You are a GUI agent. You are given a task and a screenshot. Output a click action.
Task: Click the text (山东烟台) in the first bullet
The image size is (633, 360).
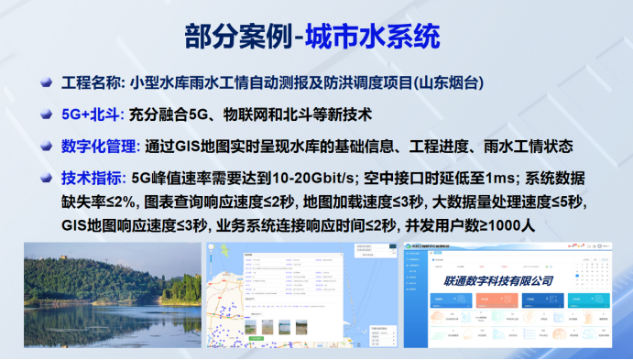coord(446,83)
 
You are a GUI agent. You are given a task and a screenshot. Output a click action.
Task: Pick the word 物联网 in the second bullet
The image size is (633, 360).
coord(257,115)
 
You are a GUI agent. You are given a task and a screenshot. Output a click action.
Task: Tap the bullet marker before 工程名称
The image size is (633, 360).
coord(45,83)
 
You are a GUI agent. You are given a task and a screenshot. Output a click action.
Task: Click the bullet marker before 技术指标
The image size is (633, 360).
coord(45,178)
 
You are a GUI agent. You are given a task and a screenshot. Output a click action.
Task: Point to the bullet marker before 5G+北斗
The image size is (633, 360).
coord(45,115)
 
